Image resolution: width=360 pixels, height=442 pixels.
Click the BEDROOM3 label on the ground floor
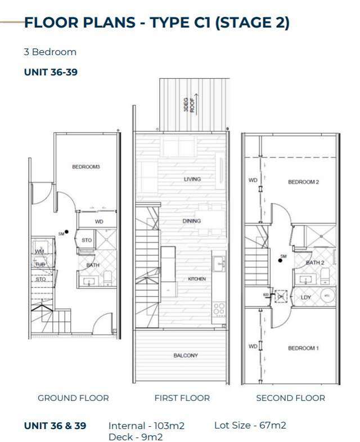[85, 166]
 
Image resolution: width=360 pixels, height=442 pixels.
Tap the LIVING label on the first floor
[192, 179]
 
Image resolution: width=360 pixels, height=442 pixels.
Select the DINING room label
[191, 221]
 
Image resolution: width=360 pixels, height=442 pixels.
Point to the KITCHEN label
[196, 279]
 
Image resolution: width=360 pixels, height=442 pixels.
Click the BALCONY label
[186, 355]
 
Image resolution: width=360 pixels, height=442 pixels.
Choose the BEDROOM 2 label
[303, 182]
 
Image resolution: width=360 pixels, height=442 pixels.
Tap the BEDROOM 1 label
[303, 348]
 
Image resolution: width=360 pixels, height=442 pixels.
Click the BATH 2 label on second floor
[314, 263]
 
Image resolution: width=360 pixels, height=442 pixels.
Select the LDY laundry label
[306, 297]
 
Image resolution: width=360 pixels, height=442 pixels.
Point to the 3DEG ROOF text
[188, 104]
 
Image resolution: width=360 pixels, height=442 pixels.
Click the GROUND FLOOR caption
[73, 398]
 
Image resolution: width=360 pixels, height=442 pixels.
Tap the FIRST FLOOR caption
[182, 398]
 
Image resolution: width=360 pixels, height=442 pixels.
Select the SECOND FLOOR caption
[290, 398]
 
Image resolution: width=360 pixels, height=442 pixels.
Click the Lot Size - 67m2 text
[250, 425]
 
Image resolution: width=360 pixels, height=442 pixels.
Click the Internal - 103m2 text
[146, 426]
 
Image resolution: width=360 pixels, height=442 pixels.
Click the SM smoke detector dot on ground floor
[66, 231]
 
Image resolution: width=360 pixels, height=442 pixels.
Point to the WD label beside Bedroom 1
[253, 346]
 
